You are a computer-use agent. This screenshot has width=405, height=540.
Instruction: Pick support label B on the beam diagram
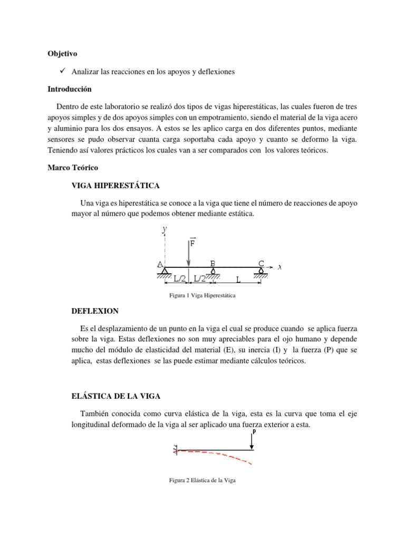(213, 263)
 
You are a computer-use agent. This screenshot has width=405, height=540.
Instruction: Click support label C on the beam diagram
(261, 263)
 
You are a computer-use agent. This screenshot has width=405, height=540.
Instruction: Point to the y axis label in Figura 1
(165, 229)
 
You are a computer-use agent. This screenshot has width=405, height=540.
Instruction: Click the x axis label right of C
(279, 267)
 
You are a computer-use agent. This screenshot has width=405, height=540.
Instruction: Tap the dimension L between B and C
(238, 280)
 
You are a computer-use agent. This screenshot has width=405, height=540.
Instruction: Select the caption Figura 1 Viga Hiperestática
(200, 296)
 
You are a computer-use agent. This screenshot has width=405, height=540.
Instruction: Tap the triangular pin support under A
(165, 271)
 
